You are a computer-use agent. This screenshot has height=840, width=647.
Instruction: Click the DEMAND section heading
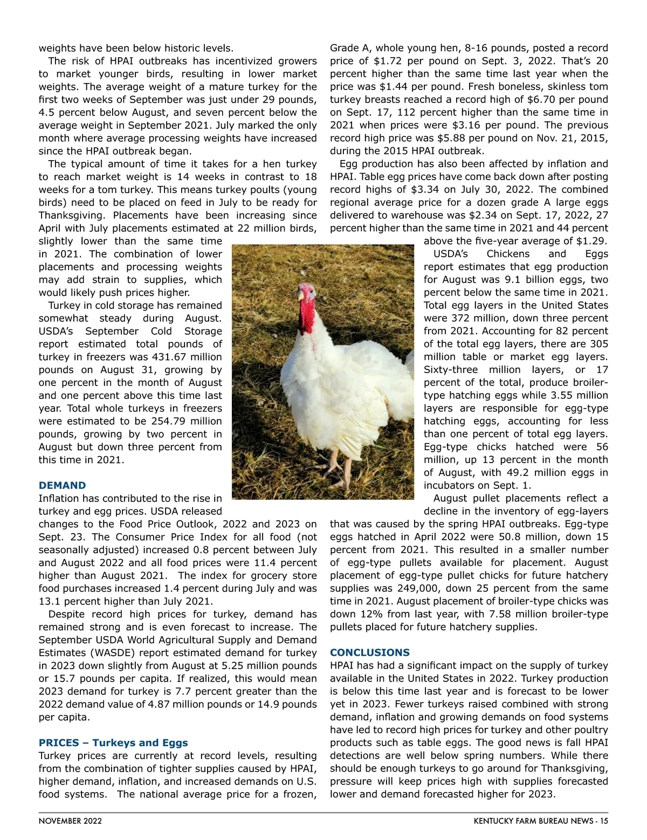[62, 485]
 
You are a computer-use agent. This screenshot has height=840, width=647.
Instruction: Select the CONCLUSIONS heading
[369, 652]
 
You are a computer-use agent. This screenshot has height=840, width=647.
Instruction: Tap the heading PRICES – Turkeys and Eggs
[113, 742]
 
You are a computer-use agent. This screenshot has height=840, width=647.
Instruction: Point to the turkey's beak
[300, 296]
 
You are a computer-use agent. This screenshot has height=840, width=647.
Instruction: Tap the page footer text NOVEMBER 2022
[70, 821]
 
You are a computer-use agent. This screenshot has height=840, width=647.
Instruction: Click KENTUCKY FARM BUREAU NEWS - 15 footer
[541, 821]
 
